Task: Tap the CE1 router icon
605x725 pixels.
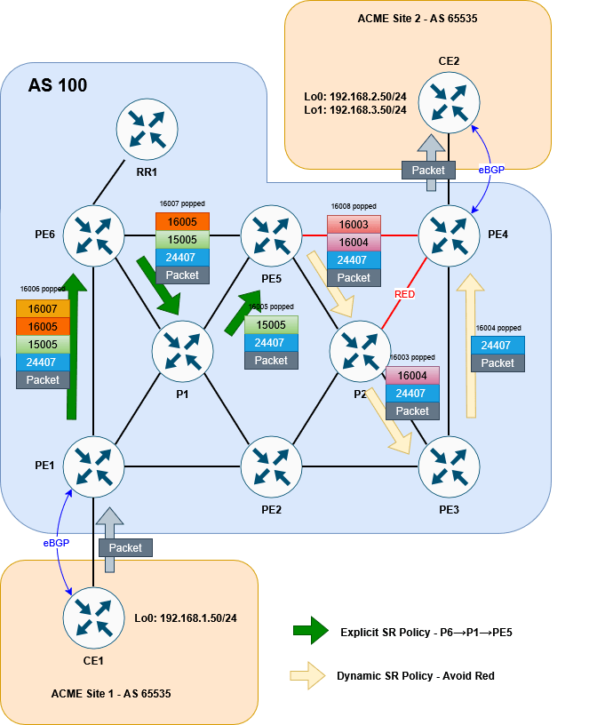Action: (x=93, y=617)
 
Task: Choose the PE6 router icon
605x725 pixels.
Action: (x=93, y=235)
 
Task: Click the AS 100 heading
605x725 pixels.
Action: (x=58, y=86)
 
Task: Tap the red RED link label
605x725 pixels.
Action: (x=405, y=294)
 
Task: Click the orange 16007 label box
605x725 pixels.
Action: (x=43, y=308)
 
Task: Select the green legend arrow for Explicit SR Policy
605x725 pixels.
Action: (x=310, y=632)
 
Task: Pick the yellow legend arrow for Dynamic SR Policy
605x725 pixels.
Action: (x=310, y=675)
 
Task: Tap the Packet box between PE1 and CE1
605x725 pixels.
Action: (x=125, y=547)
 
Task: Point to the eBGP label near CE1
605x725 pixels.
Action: (x=55, y=541)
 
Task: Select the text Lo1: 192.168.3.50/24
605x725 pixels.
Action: (x=355, y=109)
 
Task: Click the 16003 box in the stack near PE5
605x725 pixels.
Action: (x=354, y=224)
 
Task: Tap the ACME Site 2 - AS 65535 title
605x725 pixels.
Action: (x=418, y=17)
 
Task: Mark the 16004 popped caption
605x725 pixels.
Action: (x=498, y=328)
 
